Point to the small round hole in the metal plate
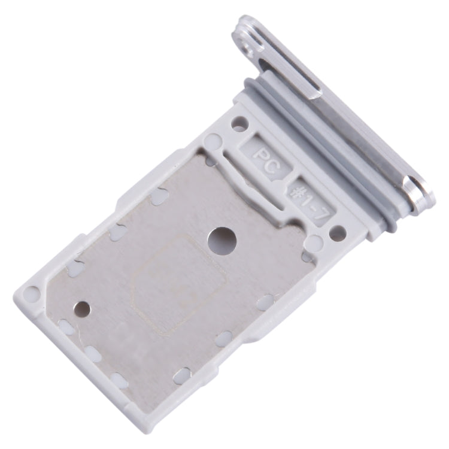pos(82,309)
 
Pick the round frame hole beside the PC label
pos(239,125)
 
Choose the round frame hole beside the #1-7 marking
pos(337,233)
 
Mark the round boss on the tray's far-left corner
pos(33,295)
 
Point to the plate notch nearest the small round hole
pos(66,326)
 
